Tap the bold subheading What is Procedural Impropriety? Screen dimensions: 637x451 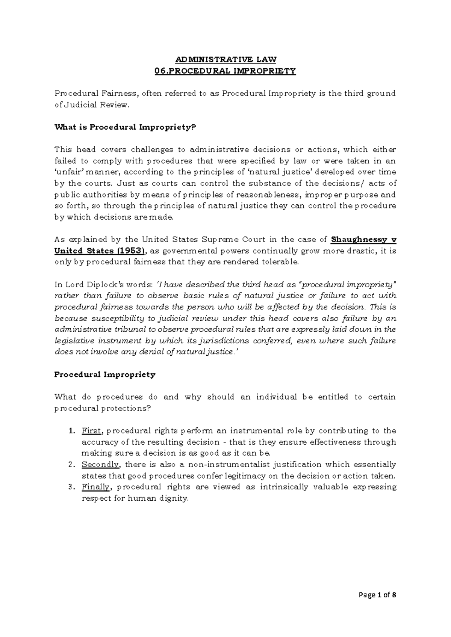126,127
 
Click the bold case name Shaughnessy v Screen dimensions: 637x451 363,240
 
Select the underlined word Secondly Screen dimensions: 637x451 100,465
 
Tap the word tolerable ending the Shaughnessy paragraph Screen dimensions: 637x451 280,262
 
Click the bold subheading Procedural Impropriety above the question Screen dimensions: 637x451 105,374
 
